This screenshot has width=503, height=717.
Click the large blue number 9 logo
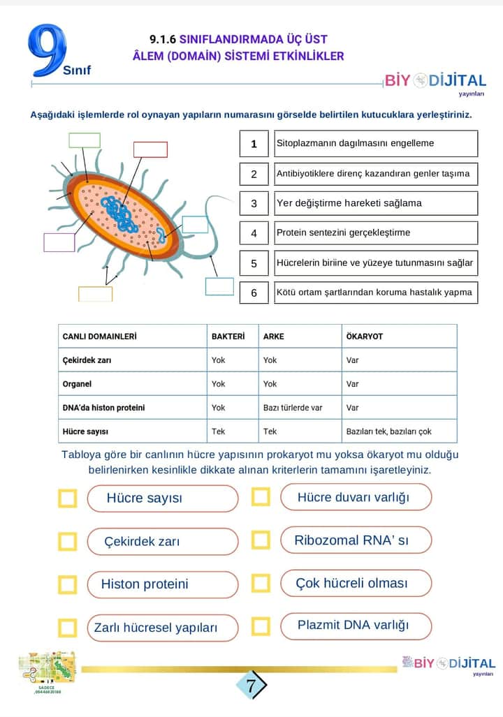48,52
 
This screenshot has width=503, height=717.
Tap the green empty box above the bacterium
84,140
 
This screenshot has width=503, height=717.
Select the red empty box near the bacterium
150,149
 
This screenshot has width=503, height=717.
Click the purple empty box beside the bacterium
59,242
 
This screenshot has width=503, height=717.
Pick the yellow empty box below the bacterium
95,294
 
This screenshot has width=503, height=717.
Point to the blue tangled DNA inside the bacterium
118,214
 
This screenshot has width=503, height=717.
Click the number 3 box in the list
254,203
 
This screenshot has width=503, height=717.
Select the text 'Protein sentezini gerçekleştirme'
343,232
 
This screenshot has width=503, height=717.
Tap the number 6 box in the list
254,293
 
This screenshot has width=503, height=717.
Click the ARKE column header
274,336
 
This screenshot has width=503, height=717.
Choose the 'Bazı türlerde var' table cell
293,407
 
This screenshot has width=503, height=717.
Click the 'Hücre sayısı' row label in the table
85,431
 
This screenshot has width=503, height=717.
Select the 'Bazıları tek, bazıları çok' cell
389,431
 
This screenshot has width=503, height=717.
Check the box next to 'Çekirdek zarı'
68,542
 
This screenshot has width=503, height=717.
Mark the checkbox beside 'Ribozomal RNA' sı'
261,540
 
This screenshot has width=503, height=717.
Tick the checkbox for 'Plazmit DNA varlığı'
261,626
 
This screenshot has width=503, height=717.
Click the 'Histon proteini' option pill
162,584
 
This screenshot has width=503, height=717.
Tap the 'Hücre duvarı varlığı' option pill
356,497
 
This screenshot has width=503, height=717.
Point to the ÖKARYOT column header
365,336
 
